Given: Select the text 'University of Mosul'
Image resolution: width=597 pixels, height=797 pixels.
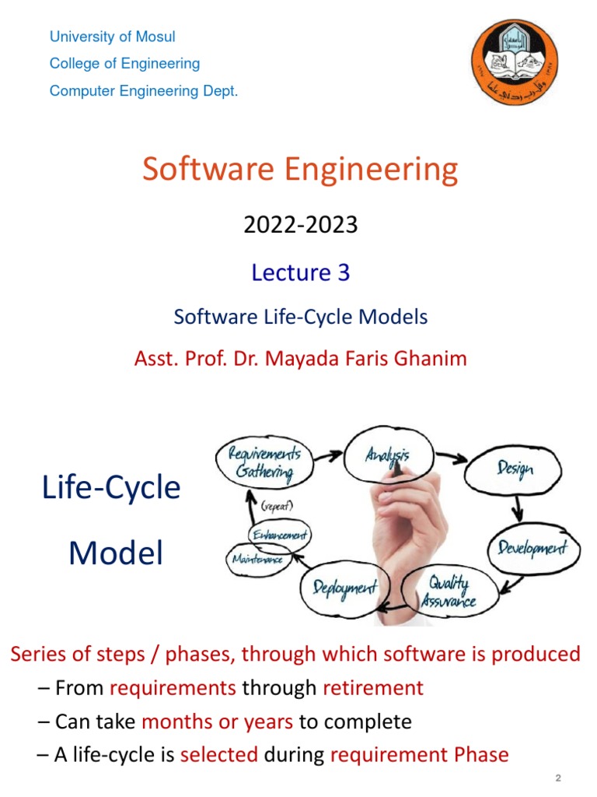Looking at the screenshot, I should coord(113,37).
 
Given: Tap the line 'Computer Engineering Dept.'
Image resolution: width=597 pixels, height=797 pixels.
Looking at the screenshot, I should coord(144,91).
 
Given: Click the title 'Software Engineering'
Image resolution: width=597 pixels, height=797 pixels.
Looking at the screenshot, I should coord(300,169).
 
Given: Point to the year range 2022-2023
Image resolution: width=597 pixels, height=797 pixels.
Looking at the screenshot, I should coord(301,225).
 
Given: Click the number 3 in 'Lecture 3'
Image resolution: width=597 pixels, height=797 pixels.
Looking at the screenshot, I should coord(343,272).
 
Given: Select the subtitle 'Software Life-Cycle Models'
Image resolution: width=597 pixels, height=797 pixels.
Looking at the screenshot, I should coord(301,317).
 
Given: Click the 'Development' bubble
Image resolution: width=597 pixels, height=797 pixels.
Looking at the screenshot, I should coord(533,548).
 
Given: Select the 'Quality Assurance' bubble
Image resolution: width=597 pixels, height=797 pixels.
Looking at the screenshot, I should coord(449,592).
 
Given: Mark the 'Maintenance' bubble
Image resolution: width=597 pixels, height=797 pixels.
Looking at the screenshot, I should coord(256,558).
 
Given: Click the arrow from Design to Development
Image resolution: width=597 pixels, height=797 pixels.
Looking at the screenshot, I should coord(516,510).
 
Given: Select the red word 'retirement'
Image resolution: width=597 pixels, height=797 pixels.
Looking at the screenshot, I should coord(373,688).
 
